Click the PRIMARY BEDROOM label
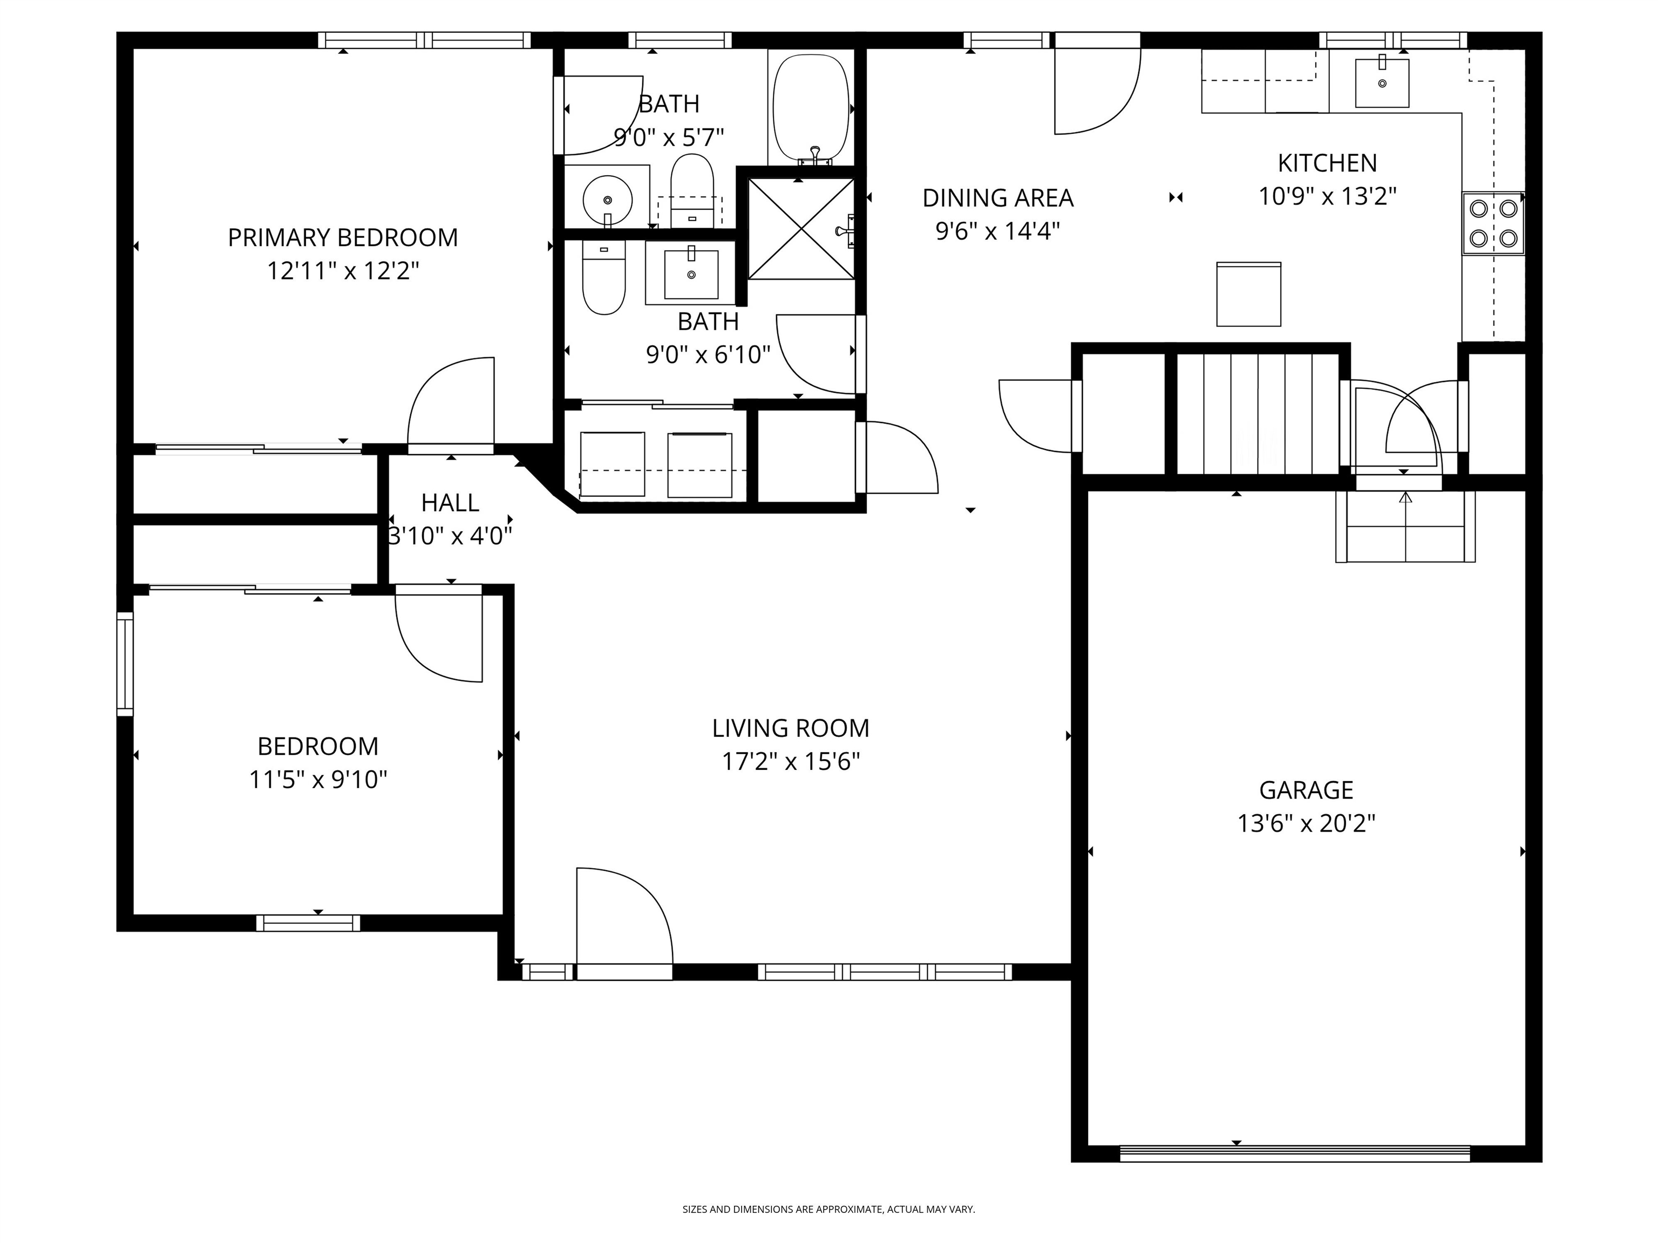(343, 237)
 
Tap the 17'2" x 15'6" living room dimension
(790, 762)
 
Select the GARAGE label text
(1306, 790)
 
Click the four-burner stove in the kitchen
(1492, 223)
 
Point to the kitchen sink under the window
(1382, 83)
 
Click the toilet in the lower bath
(603, 279)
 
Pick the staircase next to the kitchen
(1257, 414)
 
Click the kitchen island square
(1248, 295)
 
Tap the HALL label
(450, 503)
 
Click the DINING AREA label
(997, 198)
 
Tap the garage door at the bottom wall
(1294, 1153)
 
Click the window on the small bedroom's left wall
(125, 663)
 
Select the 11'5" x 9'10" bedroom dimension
(318, 780)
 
